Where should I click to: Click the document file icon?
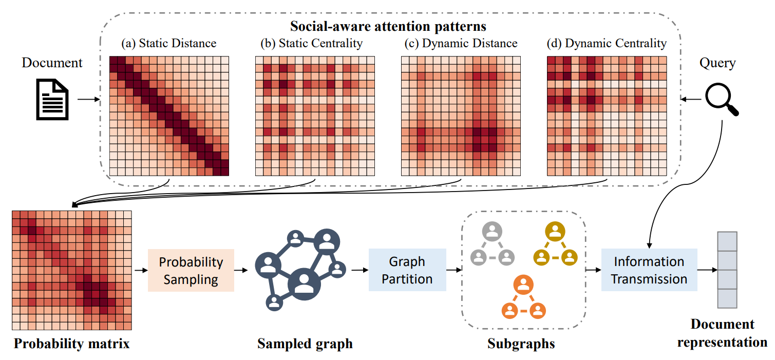pyautogui.click(x=52, y=99)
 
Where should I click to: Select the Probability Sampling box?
pyautogui.click(x=191, y=270)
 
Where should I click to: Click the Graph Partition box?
pyautogui.click(x=407, y=270)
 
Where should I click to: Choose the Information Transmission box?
pyautogui.click(x=649, y=270)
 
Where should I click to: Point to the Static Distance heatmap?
pyautogui.click(x=169, y=116)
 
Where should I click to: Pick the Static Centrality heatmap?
pyautogui.click(x=315, y=116)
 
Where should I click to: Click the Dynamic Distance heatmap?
pyautogui.click(x=461, y=116)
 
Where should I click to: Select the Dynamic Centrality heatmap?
pyautogui.click(x=607, y=116)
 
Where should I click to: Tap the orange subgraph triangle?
pyautogui.click(x=523, y=298)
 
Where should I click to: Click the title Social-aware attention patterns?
pyautogui.click(x=388, y=25)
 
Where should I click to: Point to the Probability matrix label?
pyautogui.click(x=72, y=343)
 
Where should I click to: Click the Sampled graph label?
pyautogui.click(x=305, y=343)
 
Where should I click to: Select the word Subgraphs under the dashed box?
pyautogui.click(x=521, y=343)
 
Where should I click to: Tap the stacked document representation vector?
pyautogui.click(x=726, y=270)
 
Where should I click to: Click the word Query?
pyautogui.click(x=717, y=63)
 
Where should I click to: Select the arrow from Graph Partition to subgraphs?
pyautogui.click(x=453, y=270)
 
